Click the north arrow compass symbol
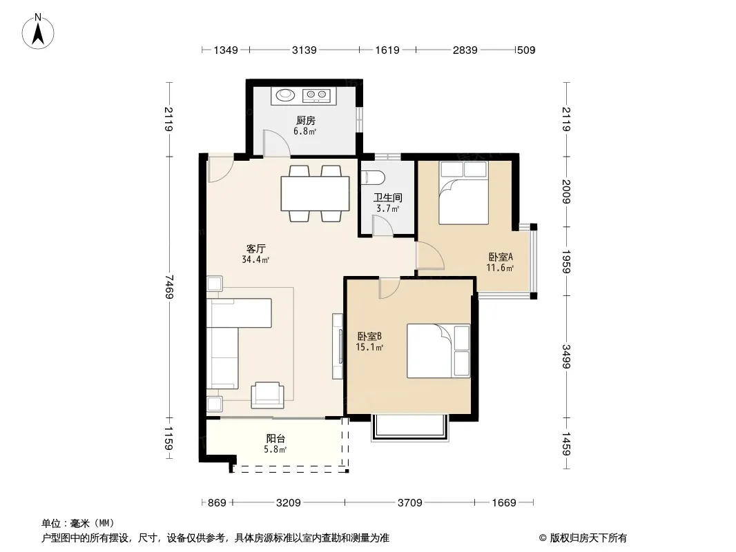tap(38, 32)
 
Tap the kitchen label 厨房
tap(305, 121)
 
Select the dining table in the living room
tap(315, 193)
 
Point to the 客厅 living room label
tap(256, 248)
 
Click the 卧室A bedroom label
tap(501, 257)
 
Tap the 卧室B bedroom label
tap(369, 336)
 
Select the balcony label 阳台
tap(275, 439)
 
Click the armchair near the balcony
tap(268, 395)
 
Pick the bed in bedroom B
tap(438, 351)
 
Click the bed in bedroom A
tap(463, 193)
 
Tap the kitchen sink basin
tap(285, 95)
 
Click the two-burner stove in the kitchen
tap(316, 96)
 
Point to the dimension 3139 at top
tap(304, 50)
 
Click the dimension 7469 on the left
tap(169, 286)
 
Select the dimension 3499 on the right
tap(567, 357)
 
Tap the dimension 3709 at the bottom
tap(410, 503)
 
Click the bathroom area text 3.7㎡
tap(388, 208)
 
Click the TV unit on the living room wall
tap(338, 346)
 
